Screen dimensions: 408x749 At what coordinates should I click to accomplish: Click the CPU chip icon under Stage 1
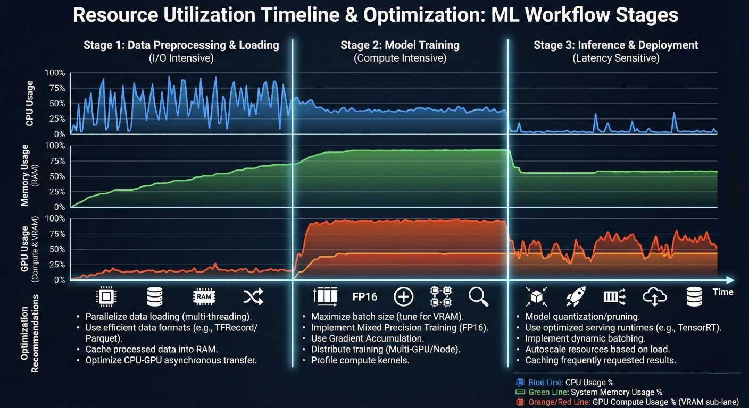(x=106, y=296)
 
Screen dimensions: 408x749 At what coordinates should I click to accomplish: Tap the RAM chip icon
(x=204, y=296)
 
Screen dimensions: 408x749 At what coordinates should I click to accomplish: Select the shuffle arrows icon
(x=253, y=296)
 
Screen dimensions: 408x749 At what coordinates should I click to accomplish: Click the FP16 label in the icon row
(x=364, y=296)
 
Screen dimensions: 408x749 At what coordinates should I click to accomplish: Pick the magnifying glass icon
(x=478, y=297)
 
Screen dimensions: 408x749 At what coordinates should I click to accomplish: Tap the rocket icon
(x=575, y=296)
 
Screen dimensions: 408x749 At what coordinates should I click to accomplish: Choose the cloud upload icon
(x=654, y=297)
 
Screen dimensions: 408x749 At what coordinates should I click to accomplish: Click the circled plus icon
(x=403, y=296)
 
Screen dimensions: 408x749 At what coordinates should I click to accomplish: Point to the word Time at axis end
(x=722, y=292)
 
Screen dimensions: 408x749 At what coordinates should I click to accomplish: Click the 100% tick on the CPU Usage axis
(x=55, y=73)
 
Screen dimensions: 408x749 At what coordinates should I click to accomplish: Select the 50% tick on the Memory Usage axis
(x=56, y=176)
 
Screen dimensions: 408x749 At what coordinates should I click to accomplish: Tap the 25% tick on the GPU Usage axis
(x=56, y=265)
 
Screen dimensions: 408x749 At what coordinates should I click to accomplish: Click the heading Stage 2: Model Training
(x=400, y=45)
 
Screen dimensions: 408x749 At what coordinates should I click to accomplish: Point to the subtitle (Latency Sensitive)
(x=616, y=58)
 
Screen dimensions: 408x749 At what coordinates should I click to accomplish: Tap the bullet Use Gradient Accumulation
(x=368, y=338)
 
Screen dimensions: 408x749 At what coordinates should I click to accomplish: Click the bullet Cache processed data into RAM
(x=152, y=349)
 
